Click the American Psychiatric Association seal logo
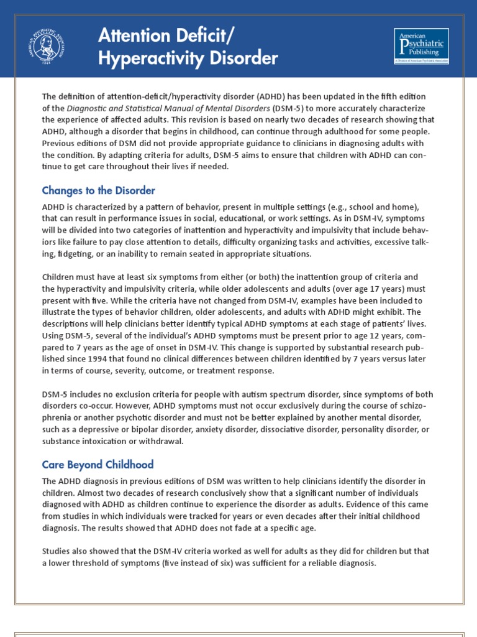coord(49,46)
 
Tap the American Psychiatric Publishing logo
coord(422,45)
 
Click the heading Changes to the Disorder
coord(98,190)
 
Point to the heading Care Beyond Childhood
coord(98,465)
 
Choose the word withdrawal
coord(168,442)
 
